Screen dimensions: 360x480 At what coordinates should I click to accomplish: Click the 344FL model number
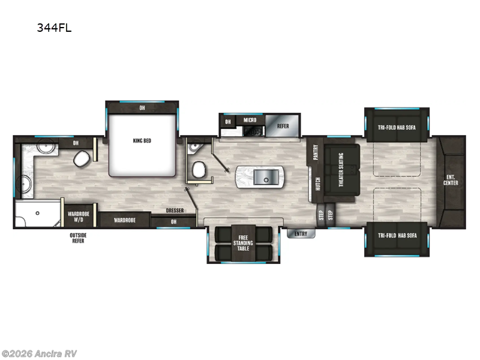(54, 27)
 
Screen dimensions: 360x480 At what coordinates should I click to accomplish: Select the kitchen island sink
(262, 177)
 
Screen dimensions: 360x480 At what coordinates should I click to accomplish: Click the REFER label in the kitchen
(283, 126)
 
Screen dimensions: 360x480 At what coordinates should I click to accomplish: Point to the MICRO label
(250, 120)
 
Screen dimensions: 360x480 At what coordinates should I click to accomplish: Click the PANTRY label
(315, 152)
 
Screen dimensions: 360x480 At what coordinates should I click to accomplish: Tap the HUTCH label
(316, 183)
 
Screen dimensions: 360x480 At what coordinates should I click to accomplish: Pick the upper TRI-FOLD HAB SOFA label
(397, 127)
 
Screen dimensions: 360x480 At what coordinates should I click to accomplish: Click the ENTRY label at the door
(301, 233)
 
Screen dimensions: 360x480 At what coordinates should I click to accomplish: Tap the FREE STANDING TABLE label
(243, 243)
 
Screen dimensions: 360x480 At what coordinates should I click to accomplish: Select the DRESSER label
(175, 211)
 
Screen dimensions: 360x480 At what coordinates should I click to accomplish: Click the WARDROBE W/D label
(78, 216)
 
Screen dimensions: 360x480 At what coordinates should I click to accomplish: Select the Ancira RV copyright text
(39, 353)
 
